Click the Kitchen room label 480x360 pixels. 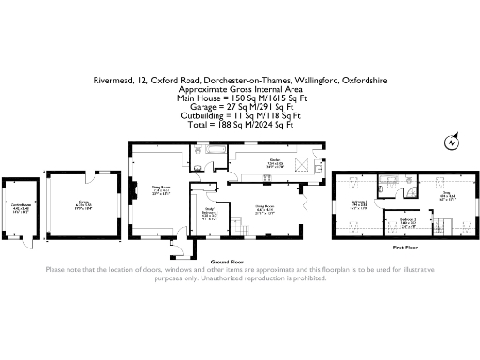pos(276,163)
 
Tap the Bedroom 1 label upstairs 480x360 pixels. pos(359,203)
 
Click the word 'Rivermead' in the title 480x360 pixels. pos(112,81)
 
